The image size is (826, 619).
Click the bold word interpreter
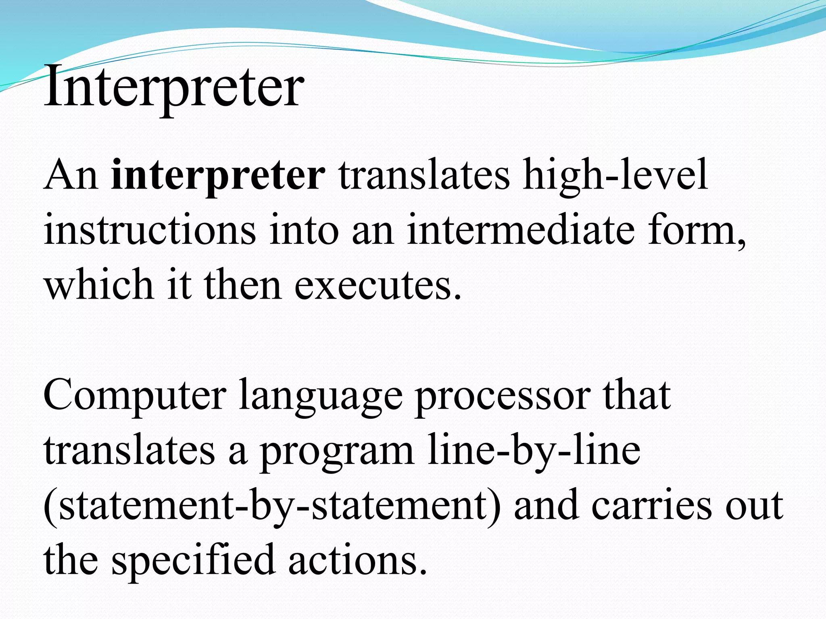pos(218,176)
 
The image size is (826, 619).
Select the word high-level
pos(615,176)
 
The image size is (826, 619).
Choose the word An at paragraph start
pos(71,176)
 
